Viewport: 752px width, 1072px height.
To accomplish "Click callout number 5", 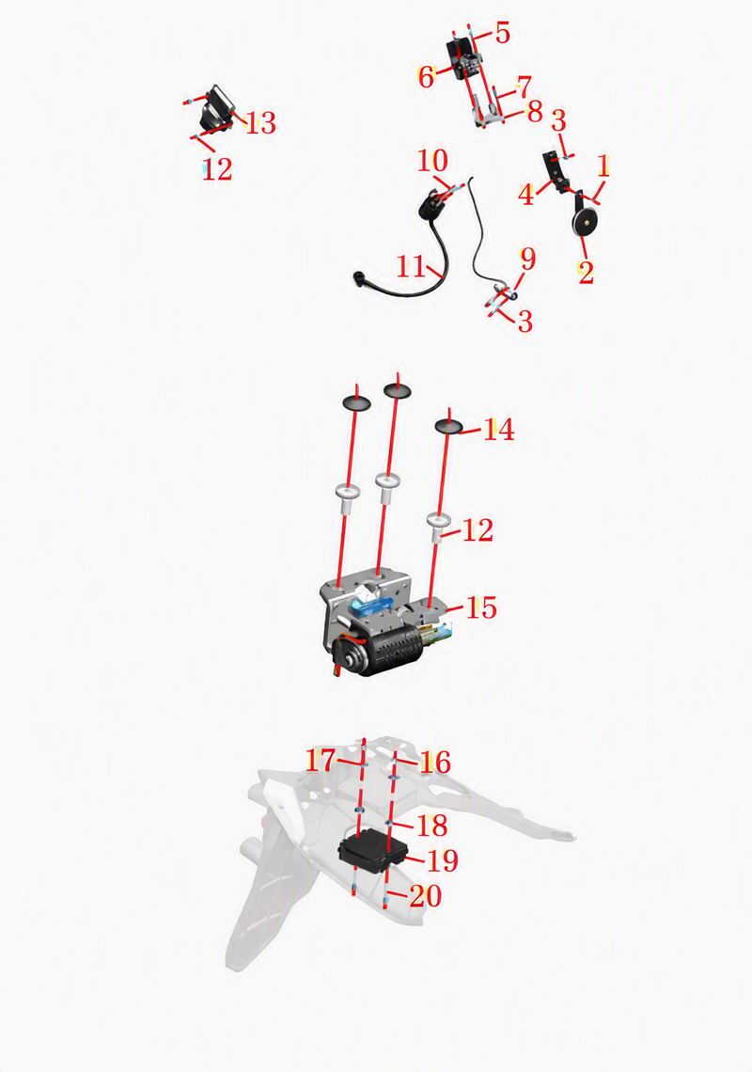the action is coord(503,33).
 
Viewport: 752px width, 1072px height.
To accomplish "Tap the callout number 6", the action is coord(426,77).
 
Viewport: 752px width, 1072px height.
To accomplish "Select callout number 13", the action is coord(260,123).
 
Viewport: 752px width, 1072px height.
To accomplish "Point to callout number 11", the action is coord(411,266).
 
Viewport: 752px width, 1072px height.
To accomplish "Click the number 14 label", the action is coord(498,430).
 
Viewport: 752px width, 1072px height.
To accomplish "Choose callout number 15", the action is coord(481,607).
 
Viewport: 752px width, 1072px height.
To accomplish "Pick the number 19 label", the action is coord(443,860).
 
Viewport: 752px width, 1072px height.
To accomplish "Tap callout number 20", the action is coord(425,895).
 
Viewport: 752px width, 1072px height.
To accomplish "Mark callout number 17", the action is coord(320,760).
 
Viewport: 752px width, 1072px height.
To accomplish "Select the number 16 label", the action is coord(435,762).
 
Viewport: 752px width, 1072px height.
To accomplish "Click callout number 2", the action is coord(586,272).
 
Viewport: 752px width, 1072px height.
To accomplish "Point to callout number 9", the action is coord(527,260).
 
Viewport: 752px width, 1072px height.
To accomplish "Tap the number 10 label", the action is coord(432,161).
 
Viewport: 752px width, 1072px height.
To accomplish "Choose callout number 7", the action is coord(524,87).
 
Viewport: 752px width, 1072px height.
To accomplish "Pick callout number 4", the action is coord(525,194).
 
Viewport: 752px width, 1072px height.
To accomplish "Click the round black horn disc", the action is coord(586,220).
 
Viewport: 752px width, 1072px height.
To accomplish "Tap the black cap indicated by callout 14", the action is coord(448,427).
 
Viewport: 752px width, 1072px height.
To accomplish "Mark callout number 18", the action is coord(431,826).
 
